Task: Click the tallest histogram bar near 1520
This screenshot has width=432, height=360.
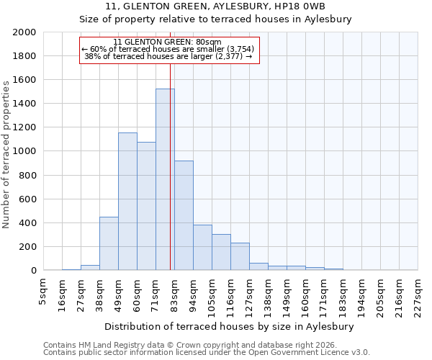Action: (165, 180)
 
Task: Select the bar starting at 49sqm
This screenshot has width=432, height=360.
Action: (127, 202)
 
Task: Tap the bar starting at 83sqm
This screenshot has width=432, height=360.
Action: (184, 216)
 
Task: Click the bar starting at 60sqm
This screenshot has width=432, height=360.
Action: (146, 206)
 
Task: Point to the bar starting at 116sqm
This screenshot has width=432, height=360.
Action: (240, 256)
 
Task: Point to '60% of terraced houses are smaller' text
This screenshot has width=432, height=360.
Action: (168, 49)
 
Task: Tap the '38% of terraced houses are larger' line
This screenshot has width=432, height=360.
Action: (168, 56)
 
